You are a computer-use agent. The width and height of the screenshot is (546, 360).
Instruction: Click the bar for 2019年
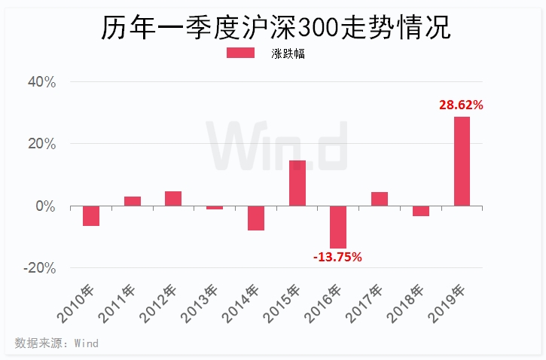(x=462, y=161)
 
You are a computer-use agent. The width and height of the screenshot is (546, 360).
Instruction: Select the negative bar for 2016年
(x=338, y=227)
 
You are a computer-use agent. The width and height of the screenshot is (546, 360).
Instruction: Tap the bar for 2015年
(x=297, y=183)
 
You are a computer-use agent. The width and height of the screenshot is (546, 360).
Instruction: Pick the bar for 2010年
(x=91, y=215)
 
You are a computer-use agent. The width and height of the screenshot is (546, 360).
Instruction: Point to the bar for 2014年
(x=256, y=218)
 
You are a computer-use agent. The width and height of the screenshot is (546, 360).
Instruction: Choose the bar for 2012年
(x=173, y=198)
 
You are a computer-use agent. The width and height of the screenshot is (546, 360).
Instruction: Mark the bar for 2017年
(x=380, y=199)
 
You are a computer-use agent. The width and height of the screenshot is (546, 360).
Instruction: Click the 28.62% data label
(x=461, y=105)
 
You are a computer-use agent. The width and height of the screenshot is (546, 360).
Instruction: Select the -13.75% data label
(x=337, y=257)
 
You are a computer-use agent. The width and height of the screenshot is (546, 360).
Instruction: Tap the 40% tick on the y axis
(x=42, y=82)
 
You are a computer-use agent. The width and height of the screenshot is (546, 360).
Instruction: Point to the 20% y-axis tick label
(x=42, y=144)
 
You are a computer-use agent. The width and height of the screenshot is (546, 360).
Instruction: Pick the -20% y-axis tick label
(x=40, y=268)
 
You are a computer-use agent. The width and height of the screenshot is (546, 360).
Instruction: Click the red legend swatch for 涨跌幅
(x=242, y=53)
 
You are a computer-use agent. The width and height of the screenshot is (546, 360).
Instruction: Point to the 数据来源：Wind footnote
(x=56, y=343)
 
